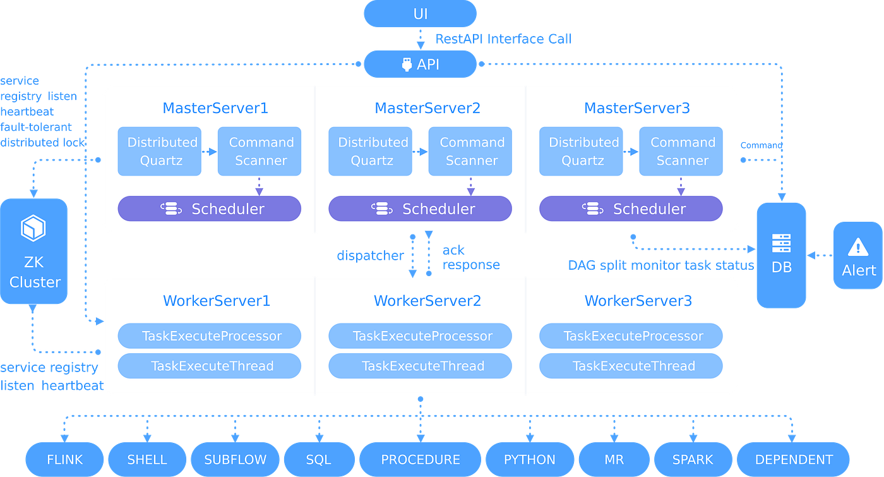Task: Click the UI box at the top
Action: [x=420, y=14]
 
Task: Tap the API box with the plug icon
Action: [x=420, y=64]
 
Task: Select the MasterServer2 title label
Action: [x=427, y=108]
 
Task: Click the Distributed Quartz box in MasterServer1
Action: [x=160, y=152]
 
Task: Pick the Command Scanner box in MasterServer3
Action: [x=681, y=152]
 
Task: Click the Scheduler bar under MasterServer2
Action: [x=420, y=208]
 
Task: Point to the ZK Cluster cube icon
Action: [x=34, y=228]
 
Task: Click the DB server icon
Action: [x=781, y=243]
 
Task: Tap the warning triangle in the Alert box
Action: [x=857, y=246]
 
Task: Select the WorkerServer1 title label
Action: [x=217, y=301]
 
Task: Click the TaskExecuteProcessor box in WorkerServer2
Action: [x=420, y=336]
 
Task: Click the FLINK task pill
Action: [x=64, y=459]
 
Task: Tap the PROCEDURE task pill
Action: [x=420, y=459]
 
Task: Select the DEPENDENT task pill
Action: [x=794, y=459]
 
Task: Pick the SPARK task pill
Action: [x=692, y=459]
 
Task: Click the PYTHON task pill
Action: [x=529, y=459]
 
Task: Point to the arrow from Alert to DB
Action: [x=820, y=255]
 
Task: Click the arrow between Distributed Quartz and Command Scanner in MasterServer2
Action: [x=420, y=152]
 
